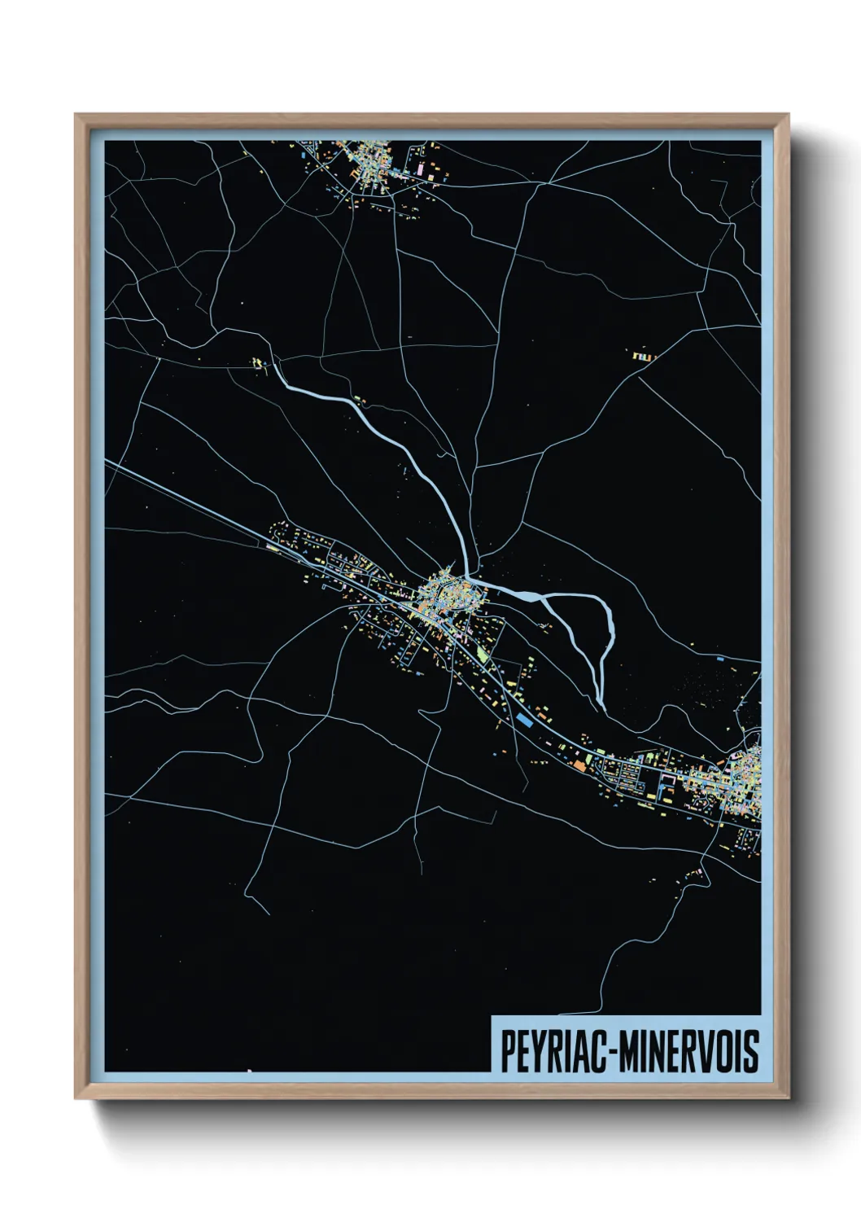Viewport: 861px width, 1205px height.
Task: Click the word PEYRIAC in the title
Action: point(556,1051)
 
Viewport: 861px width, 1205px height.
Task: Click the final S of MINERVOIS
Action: point(751,1051)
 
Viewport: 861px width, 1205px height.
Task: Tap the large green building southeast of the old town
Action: point(483,652)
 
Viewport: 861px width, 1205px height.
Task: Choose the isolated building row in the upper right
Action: point(643,356)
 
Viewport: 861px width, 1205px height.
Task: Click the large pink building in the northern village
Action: point(422,169)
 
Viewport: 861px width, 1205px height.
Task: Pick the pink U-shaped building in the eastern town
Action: point(667,778)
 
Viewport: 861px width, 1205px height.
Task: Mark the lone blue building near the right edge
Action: point(719,658)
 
